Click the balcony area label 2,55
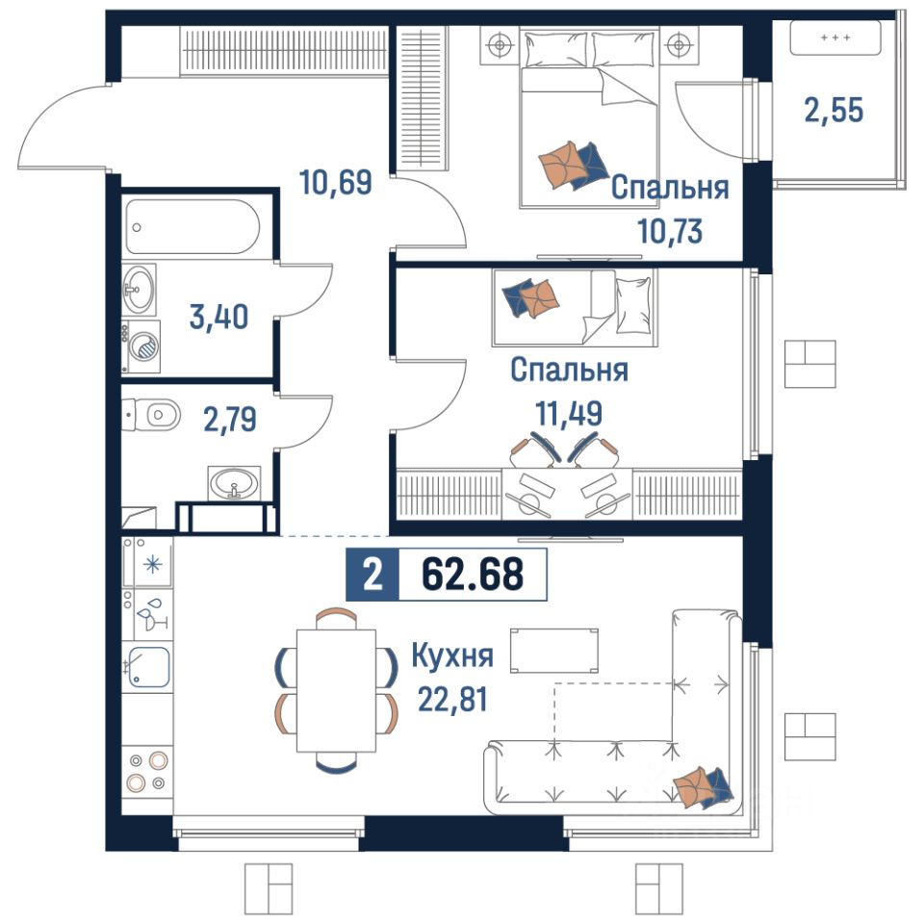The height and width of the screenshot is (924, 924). click(834, 110)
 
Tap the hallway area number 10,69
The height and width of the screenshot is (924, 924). click(335, 182)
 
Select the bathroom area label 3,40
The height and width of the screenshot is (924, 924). click(218, 317)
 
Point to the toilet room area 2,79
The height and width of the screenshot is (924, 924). click(230, 420)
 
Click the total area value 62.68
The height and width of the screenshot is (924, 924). click(473, 575)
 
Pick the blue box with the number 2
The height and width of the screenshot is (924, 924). click(372, 575)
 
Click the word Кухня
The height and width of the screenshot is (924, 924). click(452, 655)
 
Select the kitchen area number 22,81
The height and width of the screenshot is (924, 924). click(452, 700)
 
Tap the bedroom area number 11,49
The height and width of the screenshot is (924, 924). click(569, 413)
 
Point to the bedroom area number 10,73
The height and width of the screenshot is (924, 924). click(670, 231)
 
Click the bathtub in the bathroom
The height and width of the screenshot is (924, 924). click(192, 227)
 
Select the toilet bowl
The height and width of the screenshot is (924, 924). click(151, 415)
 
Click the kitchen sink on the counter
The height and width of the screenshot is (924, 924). click(148, 667)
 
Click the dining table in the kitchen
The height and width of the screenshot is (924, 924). click(337, 691)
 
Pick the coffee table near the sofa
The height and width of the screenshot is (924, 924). click(554, 650)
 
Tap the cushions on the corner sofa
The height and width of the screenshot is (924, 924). click(703, 788)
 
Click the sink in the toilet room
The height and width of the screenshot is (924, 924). click(234, 483)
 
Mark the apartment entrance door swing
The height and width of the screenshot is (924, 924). click(64, 126)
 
